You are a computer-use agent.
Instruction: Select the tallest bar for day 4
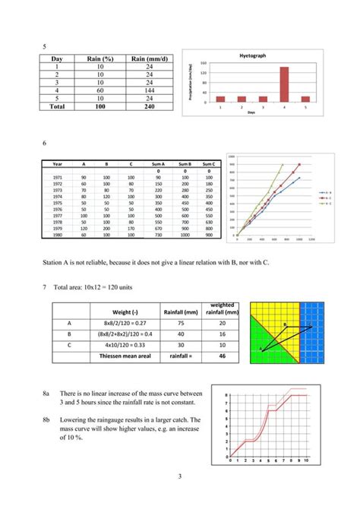(263, 84)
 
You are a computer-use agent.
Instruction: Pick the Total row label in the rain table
(57, 107)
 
